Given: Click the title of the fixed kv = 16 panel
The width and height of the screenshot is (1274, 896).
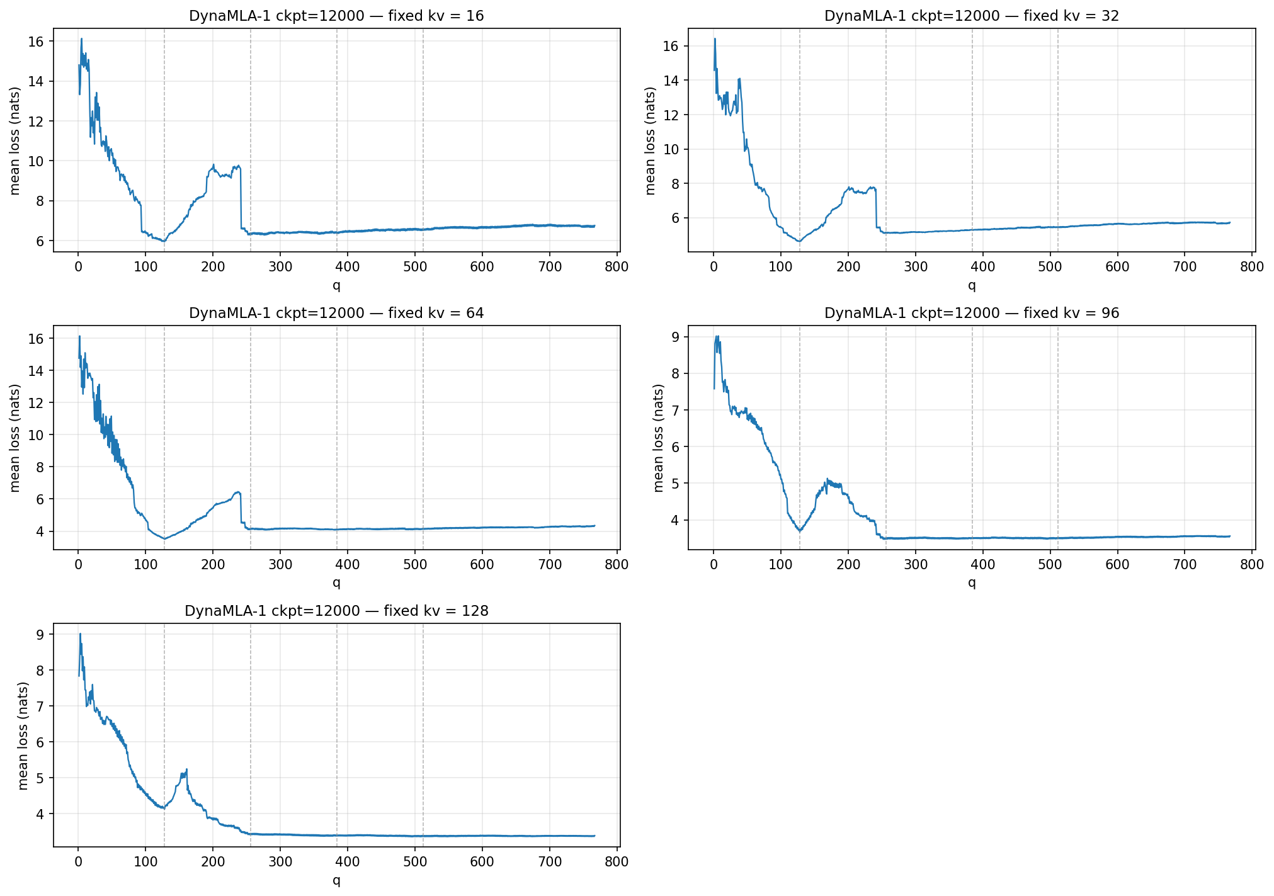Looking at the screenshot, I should (x=336, y=16).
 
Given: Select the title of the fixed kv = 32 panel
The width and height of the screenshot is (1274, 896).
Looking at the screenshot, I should (x=971, y=16).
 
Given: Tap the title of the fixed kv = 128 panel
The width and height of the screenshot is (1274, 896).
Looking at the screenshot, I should (x=336, y=611).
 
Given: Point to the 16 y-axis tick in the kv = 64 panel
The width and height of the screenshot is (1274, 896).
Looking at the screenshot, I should (x=37, y=339).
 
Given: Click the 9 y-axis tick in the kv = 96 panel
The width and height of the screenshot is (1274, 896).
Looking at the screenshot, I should (x=675, y=337).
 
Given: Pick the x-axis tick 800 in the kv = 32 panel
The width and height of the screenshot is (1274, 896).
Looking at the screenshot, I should (x=1251, y=266).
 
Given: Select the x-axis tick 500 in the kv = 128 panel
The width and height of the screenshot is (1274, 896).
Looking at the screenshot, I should (x=414, y=861).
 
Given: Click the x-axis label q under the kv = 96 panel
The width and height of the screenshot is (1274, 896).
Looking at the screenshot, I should (x=971, y=582).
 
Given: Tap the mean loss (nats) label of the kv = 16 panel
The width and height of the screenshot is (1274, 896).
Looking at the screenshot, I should (x=15, y=140).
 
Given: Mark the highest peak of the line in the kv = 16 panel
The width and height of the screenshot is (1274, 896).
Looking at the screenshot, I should (x=81, y=39).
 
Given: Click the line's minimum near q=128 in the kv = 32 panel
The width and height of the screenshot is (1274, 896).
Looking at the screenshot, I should (x=799, y=241).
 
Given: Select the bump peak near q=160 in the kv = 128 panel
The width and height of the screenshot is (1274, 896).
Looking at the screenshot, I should (x=186, y=769).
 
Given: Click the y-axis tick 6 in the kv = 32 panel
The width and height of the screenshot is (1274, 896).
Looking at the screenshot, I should (x=675, y=218).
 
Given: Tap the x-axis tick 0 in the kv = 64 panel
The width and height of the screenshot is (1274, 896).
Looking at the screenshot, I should (x=78, y=564).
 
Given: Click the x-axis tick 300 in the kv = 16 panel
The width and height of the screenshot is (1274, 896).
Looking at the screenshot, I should (x=280, y=266).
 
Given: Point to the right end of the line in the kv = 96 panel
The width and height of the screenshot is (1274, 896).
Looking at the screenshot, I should (x=1229, y=536).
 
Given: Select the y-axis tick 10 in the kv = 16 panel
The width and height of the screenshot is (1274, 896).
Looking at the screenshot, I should (x=37, y=161).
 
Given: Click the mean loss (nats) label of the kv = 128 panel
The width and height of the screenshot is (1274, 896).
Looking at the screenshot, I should (x=23, y=735).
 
